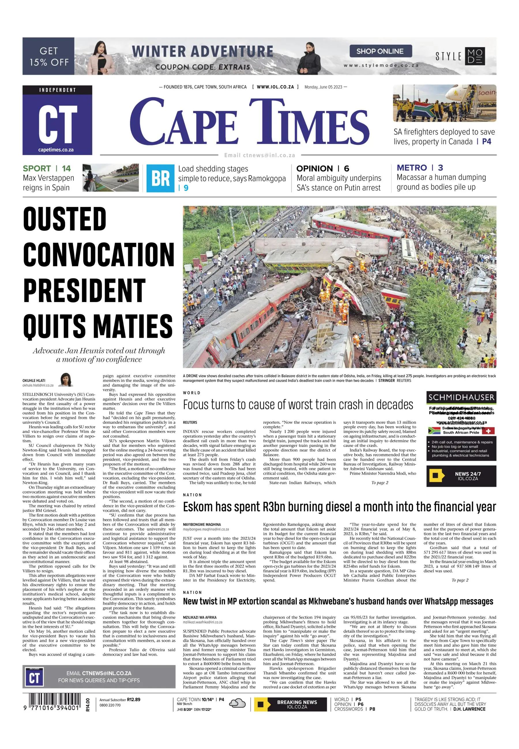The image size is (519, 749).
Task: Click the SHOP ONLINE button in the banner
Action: coord(380,51)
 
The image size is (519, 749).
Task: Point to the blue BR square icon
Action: coord(160,178)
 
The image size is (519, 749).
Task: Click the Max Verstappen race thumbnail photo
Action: coord(110,178)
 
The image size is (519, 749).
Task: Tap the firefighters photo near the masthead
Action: coord(444,103)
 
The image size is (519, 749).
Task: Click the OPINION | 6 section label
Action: coord(322,168)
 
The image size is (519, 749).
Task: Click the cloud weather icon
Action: coord(237,704)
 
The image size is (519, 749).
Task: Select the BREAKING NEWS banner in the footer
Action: coord(290,704)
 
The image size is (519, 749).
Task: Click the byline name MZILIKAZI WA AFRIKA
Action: coord(199,617)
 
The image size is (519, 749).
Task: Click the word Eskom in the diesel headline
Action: coord(198,507)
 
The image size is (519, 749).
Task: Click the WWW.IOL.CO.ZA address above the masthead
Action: coord(275,87)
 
